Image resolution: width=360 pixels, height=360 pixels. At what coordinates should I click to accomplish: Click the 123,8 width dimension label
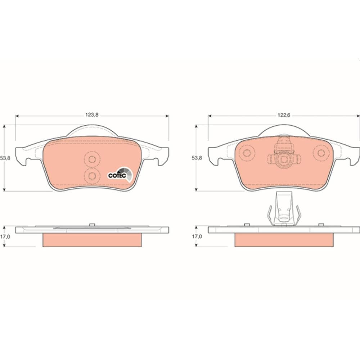92,115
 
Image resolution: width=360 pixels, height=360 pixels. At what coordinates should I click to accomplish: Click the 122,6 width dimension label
284,115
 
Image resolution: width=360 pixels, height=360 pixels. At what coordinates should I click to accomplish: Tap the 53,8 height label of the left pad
5,158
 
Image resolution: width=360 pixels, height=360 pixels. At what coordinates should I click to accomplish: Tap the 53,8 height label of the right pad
197,158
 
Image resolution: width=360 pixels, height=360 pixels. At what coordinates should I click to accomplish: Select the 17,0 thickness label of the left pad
5,237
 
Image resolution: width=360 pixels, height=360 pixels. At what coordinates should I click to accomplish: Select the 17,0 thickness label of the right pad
197,237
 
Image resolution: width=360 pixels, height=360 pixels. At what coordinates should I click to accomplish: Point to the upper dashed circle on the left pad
92,159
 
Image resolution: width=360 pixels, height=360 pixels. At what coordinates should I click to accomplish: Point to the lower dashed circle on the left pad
92,176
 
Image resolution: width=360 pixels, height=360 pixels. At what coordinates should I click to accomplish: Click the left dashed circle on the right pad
247,153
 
